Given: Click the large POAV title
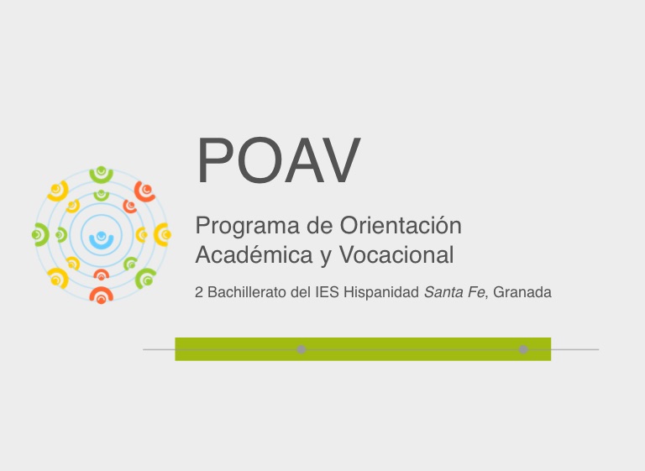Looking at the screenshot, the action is pyautogui.click(x=279, y=160).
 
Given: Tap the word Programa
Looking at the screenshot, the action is pyautogui.click(x=247, y=227).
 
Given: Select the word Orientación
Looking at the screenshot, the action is pyautogui.click(x=401, y=225).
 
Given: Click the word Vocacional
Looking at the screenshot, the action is pyautogui.click(x=396, y=254).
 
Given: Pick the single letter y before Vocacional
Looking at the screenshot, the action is pyautogui.click(x=326, y=258).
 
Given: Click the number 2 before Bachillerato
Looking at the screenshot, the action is pyautogui.click(x=199, y=292).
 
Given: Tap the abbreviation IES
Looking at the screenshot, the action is pyautogui.click(x=327, y=292).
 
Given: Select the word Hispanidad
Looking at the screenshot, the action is pyautogui.click(x=381, y=292).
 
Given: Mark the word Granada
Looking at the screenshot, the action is pyautogui.click(x=522, y=292).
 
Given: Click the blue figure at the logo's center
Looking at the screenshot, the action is pyautogui.click(x=101, y=240).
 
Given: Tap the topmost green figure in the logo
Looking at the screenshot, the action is pyautogui.click(x=101, y=175).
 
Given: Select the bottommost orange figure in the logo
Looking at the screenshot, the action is pyautogui.click(x=101, y=295).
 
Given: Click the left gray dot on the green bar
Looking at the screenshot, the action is pyautogui.click(x=302, y=349).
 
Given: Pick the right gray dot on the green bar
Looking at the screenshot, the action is pyautogui.click(x=523, y=349).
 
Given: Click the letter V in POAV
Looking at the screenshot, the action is pyautogui.click(x=339, y=160).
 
